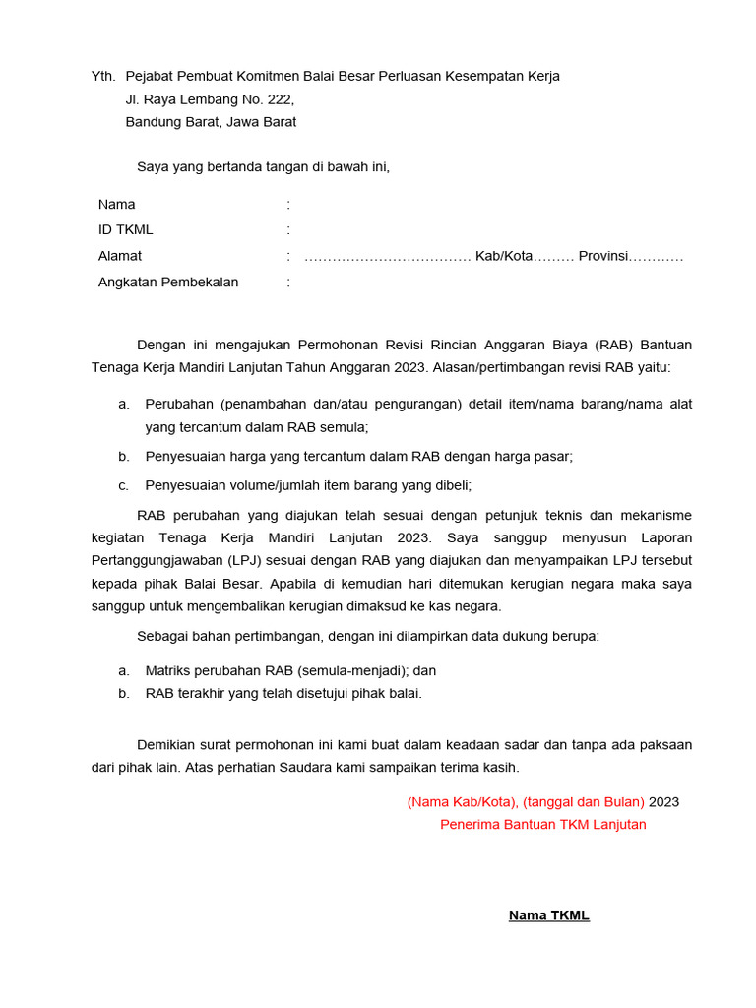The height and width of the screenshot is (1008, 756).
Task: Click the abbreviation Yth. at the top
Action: click(x=103, y=76)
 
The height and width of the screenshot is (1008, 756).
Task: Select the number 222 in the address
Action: click(x=279, y=99)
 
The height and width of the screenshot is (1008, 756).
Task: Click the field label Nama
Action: click(x=117, y=205)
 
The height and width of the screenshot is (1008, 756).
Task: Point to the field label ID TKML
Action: click(x=126, y=230)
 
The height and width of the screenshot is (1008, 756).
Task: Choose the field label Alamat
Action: click(x=120, y=256)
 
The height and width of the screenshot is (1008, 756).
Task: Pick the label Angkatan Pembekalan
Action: click(x=168, y=283)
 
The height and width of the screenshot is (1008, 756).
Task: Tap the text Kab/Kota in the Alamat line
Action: click(x=504, y=256)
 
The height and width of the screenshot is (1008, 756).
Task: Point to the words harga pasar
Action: click(x=533, y=456)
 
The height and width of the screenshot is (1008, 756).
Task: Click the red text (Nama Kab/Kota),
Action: click(x=463, y=801)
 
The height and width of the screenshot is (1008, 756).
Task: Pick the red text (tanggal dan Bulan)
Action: click(x=585, y=801)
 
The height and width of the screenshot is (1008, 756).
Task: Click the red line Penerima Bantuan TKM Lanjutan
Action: click(x=543, y=824)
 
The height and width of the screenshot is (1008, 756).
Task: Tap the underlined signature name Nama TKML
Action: click(x=548, y=915)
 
